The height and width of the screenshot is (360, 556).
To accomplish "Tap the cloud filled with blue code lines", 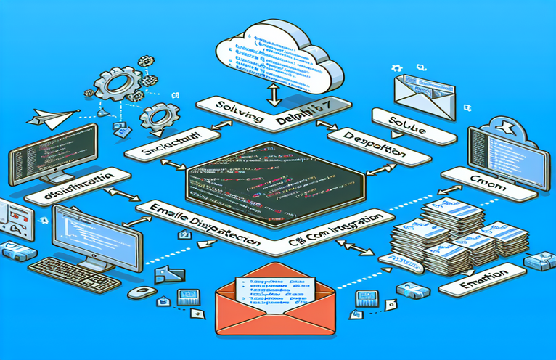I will pos(279,52).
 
